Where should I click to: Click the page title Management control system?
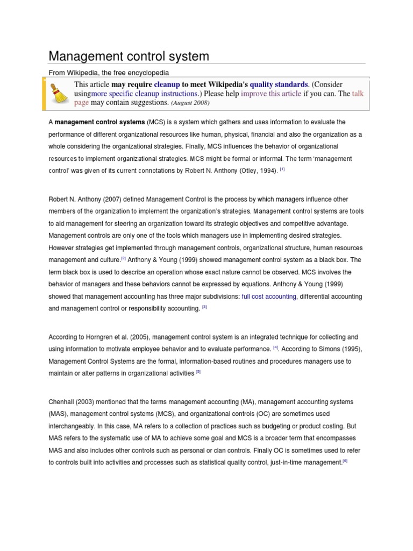click(x=129, y=56)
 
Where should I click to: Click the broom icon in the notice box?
click(x=59, y=93)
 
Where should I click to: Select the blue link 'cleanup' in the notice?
click(x=167, y=84)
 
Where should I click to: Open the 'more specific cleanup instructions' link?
click(x=144, y=94)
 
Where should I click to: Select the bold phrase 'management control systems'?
click(x=99, y=122)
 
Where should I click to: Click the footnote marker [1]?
click(x=282, y=169)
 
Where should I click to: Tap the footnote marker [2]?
click(x=123, y=258)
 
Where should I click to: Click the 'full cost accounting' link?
click(x=269, y=296)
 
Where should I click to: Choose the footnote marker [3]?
click(x=204, y=307)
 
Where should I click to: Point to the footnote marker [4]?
click(x=275, y=348)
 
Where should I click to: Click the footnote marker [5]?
click(x=198, y=372)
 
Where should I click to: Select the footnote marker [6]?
click(x=345, y=461)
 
